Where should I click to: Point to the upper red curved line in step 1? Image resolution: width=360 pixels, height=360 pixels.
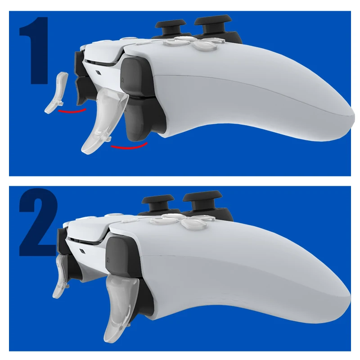pyautogui.click(x=74, y=110)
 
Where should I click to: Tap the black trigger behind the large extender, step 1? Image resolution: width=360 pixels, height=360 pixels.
pyautogui.click(x=139, y=119)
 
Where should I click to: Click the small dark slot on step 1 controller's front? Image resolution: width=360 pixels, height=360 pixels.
pyautogui.click(x=98, y=72)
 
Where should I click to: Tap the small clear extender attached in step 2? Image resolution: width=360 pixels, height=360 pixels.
pyautogui.click(x=61, y=277)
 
